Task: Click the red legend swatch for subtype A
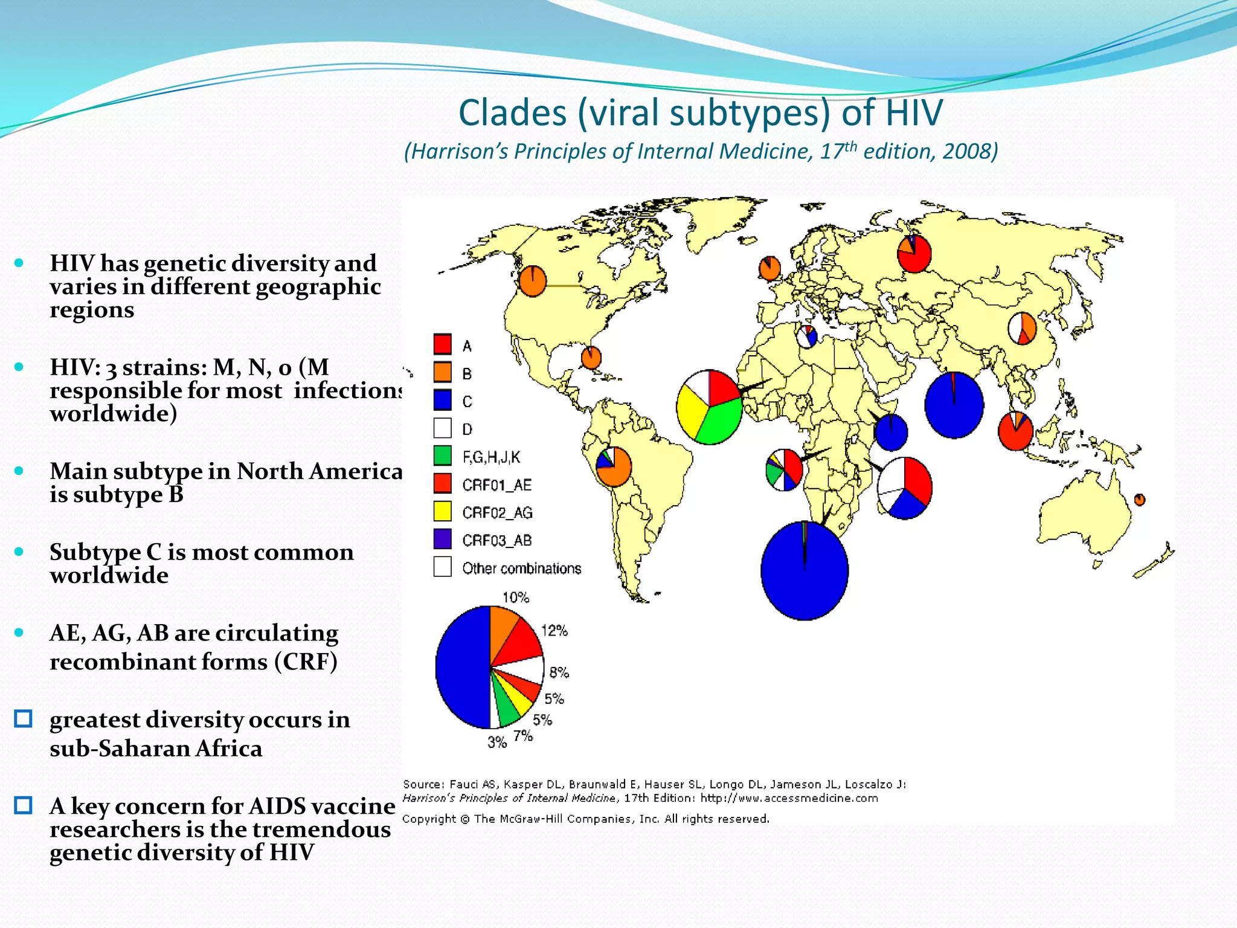pos(442,344)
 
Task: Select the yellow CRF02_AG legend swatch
pos(442,511)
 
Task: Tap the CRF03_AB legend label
pos(496,540)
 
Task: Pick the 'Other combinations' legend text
pos(521,569)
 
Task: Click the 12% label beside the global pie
pos(554,631)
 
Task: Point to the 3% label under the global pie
pos(496,743)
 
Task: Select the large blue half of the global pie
pos(462,668)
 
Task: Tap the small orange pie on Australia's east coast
pos(1139,500)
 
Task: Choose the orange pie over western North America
pos(533,281)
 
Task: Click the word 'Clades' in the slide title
pos(512,113)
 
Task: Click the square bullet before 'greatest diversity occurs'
pos(23,719)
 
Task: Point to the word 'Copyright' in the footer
pos(429,819)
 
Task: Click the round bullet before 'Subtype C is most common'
pos(19,552)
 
